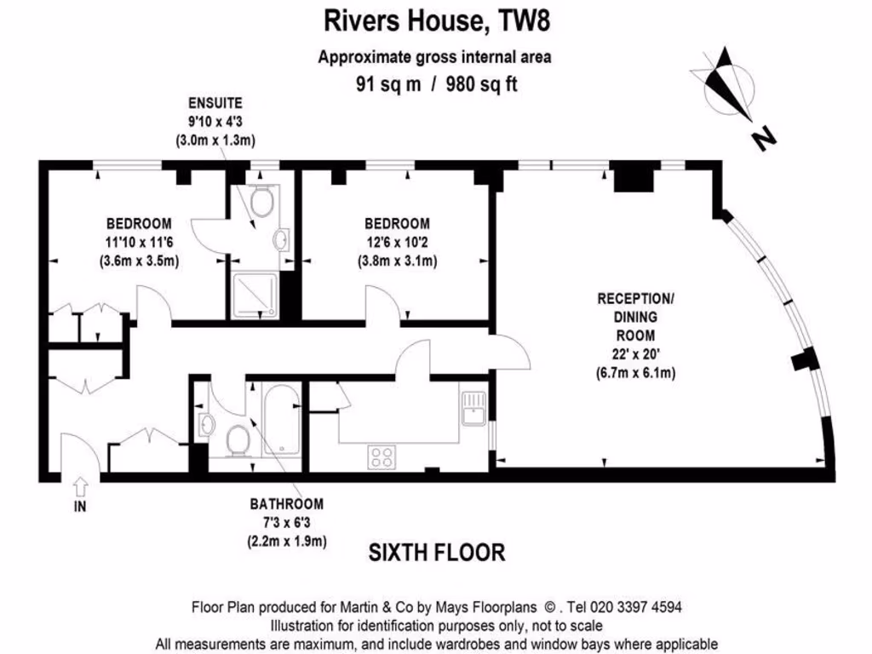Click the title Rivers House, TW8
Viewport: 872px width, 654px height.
435,20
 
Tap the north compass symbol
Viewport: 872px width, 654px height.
731,86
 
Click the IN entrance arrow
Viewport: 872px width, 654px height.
81,488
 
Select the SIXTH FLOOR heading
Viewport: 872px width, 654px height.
436,553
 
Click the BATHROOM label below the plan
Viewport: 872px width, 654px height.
286,503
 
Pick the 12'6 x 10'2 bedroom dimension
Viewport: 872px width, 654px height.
397,242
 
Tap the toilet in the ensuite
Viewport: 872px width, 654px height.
262,200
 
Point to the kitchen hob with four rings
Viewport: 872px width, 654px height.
381,456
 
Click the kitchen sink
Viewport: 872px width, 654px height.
472,405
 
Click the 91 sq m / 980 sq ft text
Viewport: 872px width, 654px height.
435,83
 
